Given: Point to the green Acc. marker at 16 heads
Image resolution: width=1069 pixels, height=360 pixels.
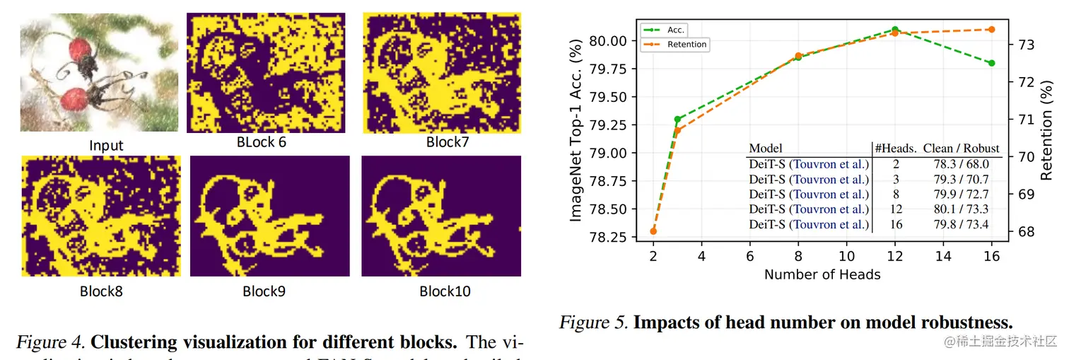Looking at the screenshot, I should [x=991, y=63].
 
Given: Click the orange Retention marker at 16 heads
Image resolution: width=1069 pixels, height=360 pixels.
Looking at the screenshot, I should [x=991, y=29].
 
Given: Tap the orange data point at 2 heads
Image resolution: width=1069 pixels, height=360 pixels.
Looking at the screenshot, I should [x=653, y=231].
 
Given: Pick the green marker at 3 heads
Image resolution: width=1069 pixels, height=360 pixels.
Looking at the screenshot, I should [x=677, y=119].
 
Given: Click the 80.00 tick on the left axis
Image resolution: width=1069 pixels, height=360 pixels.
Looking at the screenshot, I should [x=612, y=41].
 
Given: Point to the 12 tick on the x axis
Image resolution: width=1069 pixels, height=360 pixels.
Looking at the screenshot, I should [x=894, y=256].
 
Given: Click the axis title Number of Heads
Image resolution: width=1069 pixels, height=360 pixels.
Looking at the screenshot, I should [x=822, y=274].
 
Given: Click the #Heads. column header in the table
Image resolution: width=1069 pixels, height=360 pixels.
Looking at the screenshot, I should [x=896, y=148].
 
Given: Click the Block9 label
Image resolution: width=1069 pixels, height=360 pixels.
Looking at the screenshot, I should [x=264, y=291].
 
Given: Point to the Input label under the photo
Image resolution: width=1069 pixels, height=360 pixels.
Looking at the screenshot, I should [x=106, y=146].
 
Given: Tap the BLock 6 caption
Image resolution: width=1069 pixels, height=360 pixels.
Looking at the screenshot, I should [x=262, y=141].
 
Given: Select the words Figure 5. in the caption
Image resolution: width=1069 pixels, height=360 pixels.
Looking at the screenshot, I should [x=592, y=323].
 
